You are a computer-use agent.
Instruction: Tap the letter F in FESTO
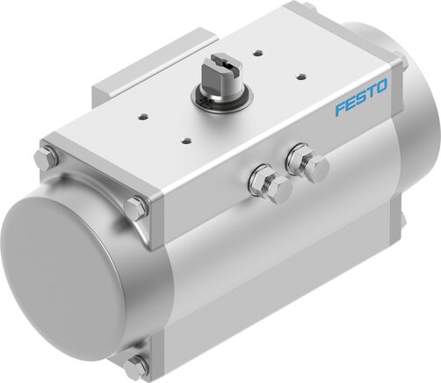338,112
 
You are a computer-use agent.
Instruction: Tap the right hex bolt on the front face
309,164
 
